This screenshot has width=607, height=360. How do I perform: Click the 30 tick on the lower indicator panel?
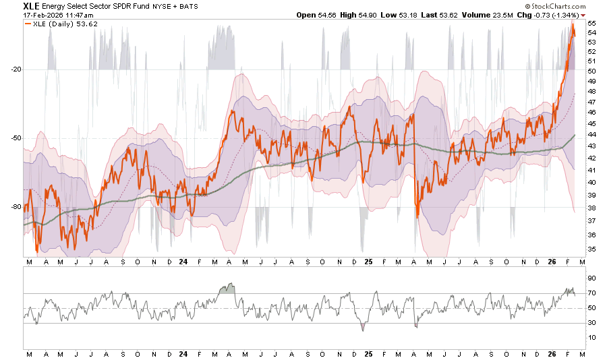[591, 323]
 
